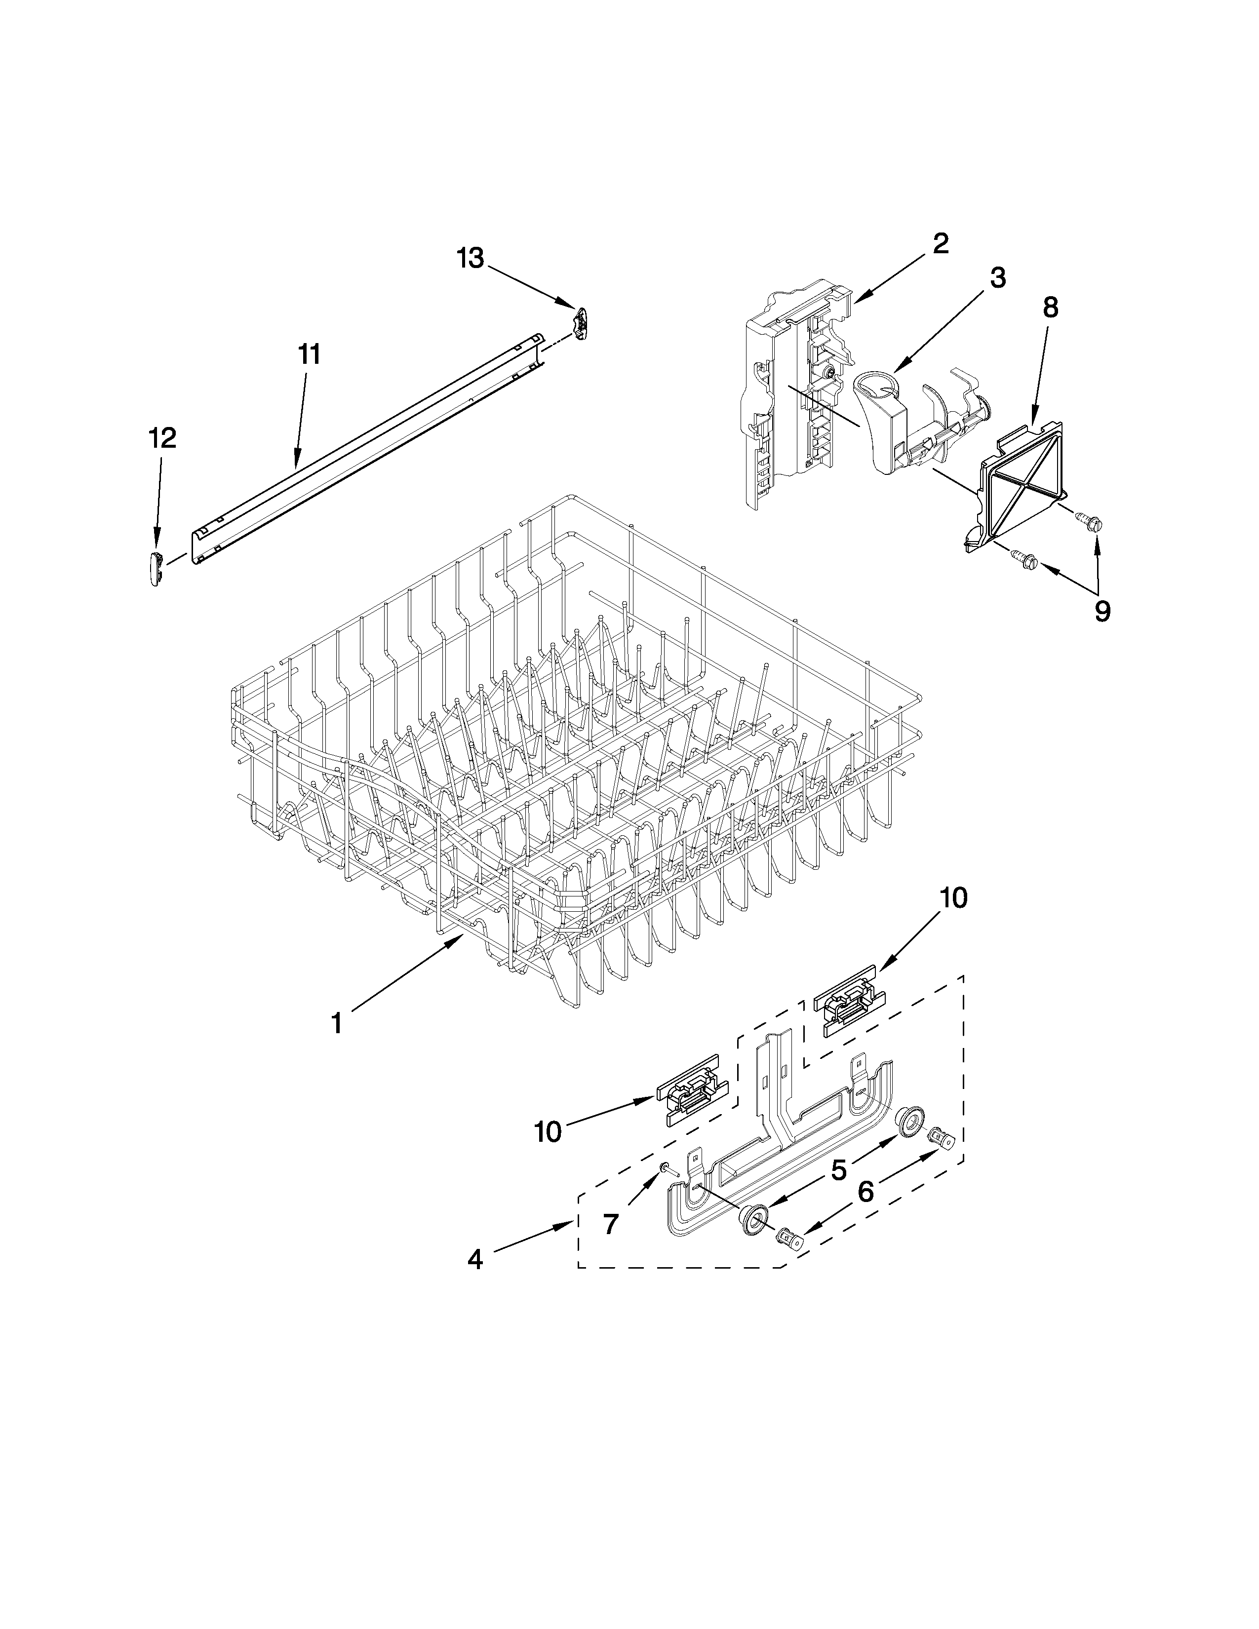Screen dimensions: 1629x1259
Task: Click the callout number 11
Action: pos(309,354)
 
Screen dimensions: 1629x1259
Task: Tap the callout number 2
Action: pos(941,243)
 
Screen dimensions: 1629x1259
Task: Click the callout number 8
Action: pos(1050,308)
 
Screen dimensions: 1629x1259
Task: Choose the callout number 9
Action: pos(1102,612)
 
